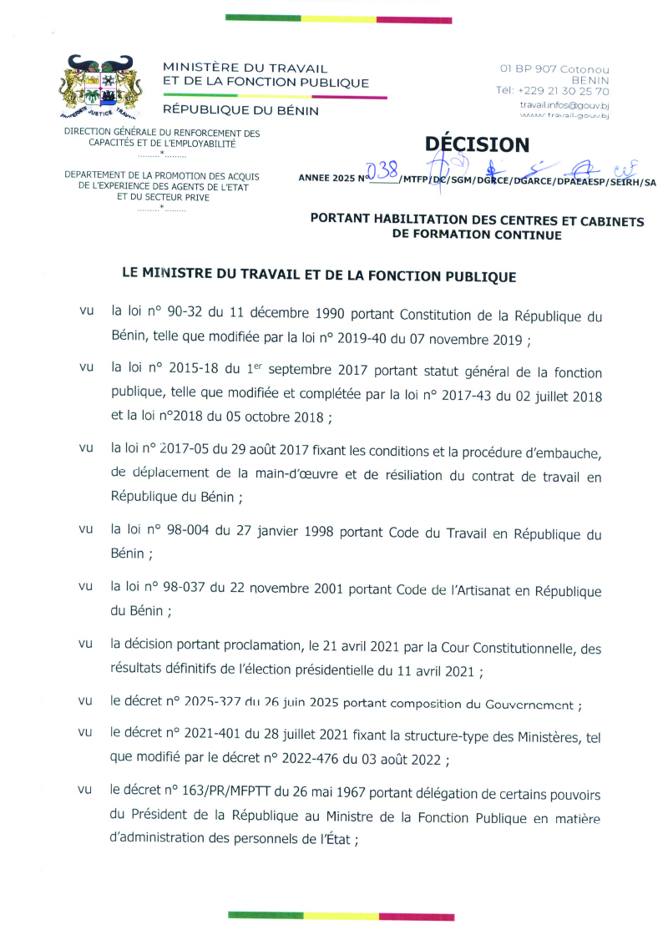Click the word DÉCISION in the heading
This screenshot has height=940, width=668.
tap(477, 144)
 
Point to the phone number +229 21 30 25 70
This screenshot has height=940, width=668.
tap(564, 91)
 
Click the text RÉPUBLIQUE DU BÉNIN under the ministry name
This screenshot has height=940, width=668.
tap(240, 110)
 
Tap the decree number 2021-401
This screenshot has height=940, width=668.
tap(209, 732)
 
